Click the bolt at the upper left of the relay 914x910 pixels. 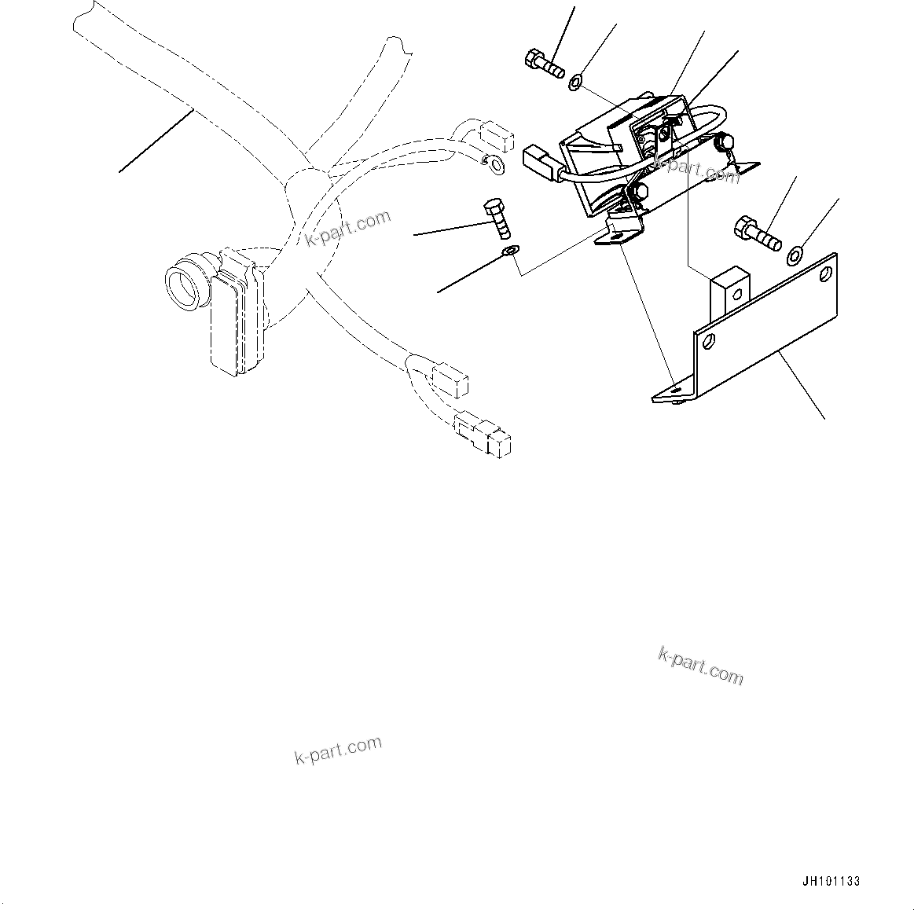pyautogui.click(x=542, y=64)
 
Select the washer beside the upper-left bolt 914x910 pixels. pyautogui.click(x=576, y=80)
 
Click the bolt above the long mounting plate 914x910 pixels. pyautogui.click(x=756, y=233)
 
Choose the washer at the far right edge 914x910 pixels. pyautogui.click(x=795, y=254)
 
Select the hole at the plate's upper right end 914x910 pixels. pyautogui.click(x=824, y=273)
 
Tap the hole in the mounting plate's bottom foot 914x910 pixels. pyautogui.click(x=676, y=388)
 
